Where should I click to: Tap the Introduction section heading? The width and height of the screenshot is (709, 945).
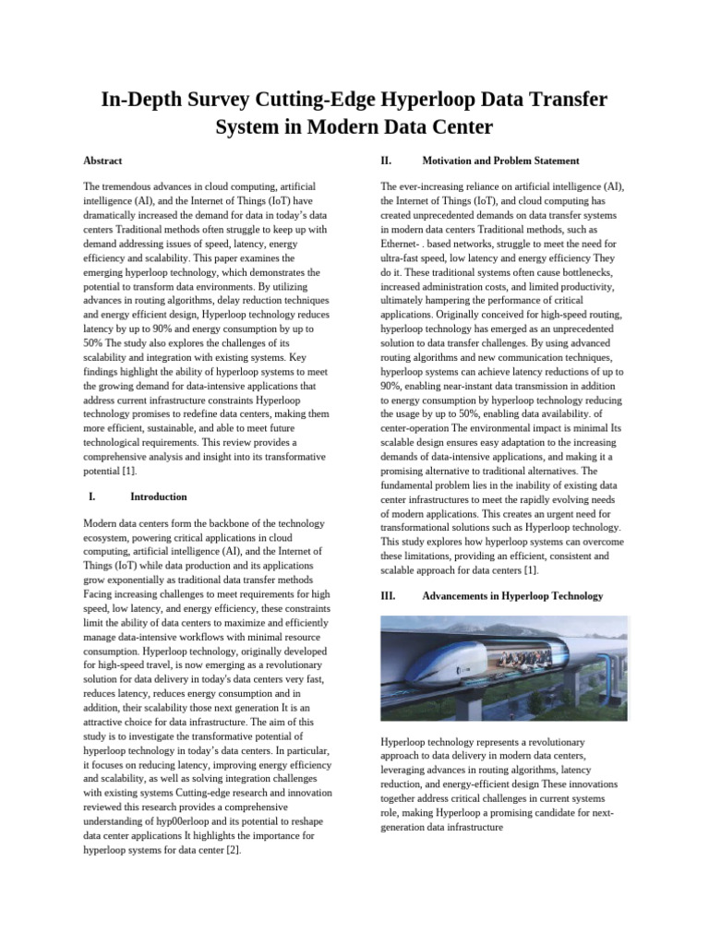click(x=159, y=496)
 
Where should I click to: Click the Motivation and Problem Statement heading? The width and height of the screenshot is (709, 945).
click(x=500, y=161)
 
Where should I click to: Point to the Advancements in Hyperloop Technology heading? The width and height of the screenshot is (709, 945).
click(x=512, y=596)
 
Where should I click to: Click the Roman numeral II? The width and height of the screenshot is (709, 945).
click(x=386, y=161)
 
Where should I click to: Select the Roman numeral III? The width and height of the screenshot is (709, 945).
click(x=388, y=596)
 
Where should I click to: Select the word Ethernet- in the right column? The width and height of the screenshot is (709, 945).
click(x=400, y=245)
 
